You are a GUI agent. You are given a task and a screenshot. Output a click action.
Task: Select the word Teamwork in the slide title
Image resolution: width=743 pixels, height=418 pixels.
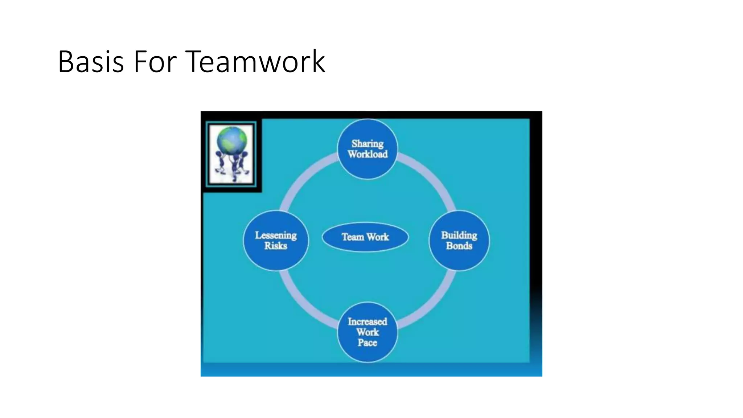pyautogui.click(x=256, y=62)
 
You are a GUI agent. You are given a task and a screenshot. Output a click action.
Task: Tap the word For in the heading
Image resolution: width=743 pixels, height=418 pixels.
pyautogui.click(x=155, y=62)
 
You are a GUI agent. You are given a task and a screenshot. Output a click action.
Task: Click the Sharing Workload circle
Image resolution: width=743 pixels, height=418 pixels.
pyautogui.click(x=367, y=149)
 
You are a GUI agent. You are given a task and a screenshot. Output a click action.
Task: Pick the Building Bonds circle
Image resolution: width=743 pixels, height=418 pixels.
pyautogui.click(x=459, y=241)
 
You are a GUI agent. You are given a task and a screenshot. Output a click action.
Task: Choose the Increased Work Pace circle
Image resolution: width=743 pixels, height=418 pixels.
pyautogui.click(x=367, y=332)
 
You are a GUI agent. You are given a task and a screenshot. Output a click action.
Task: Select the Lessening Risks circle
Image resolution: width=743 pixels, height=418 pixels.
pyautogui.click(x=276, y=241)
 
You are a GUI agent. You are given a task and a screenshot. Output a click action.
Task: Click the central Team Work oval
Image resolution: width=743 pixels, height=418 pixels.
pyautogui.click(x=365, y=237)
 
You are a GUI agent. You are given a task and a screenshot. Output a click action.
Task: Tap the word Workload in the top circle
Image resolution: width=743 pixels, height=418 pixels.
pyautogui.click(x=368, y=155)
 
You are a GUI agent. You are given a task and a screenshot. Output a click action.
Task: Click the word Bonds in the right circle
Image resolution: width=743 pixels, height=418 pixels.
pyautogui.click(x=459, y=246)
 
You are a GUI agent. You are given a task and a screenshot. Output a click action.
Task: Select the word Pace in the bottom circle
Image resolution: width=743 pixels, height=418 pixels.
pyautogui.click(x=367, y=343)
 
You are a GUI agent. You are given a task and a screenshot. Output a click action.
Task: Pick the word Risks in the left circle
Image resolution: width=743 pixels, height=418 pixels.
pyautogui.click(x=276, y=246)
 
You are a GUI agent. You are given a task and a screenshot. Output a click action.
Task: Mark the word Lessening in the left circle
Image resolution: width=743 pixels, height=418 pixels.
pyautogui.click(x=276, y=235)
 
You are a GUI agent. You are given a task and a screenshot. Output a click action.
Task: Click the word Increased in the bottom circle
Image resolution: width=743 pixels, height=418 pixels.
pyautogui.click(x=367, y=321)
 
